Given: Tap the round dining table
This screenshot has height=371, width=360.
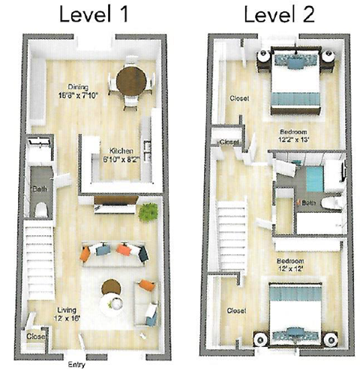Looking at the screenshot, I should (132, 79).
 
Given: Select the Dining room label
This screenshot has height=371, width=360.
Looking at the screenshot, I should (79, 86).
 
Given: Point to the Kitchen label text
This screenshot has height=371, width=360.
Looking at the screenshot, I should (121, 150).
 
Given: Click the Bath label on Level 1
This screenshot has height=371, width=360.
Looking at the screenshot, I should (40, 190).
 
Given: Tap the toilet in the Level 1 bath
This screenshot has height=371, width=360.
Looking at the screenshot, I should (41, 208).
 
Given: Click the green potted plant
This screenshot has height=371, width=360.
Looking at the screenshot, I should (148, 212).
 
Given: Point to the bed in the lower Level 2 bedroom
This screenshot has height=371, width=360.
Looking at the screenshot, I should (295, 311).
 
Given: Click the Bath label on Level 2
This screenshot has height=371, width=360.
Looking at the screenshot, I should (308, 203).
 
